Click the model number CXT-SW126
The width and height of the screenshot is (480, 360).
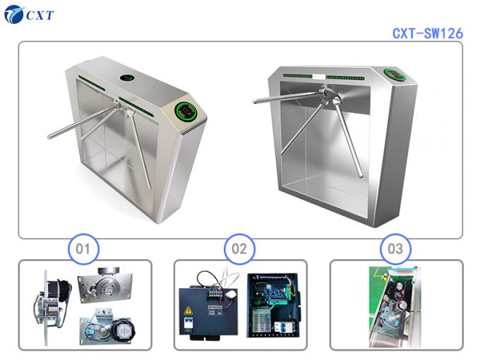[x=427, y=33]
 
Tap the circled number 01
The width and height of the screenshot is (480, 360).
[x=83, y=248]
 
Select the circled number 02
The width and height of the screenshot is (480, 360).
[x=239, y=248]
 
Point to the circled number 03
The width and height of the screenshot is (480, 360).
[x=395, y=248]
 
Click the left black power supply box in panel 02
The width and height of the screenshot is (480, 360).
[x=209, y=308]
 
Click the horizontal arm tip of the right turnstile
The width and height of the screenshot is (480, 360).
[x=256, y=101]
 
